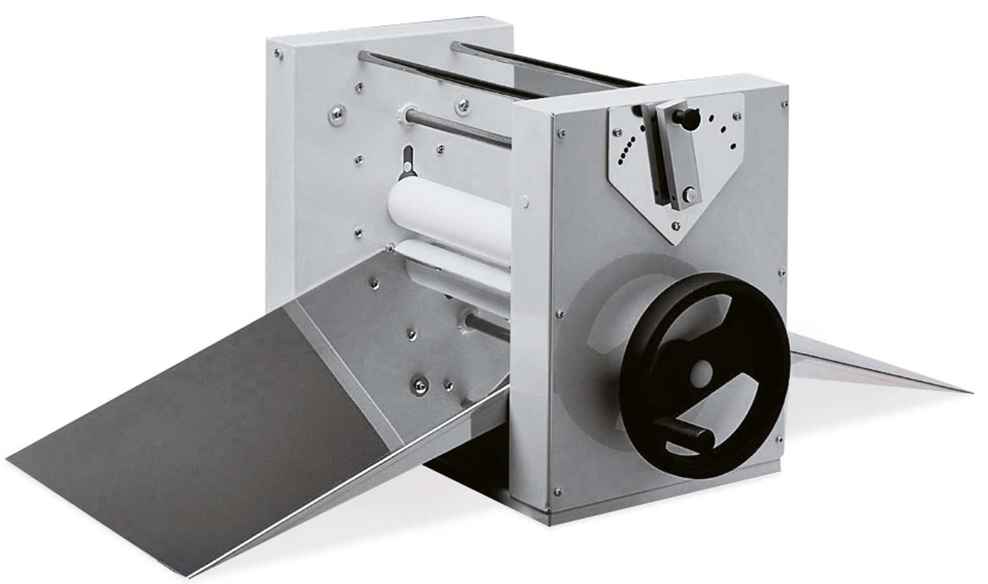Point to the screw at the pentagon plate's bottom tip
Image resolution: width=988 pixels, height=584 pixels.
pyautogui.click(x=675, y=226)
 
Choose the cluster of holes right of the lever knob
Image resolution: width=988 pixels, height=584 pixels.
pyautogui.click(x=722, y=129)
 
